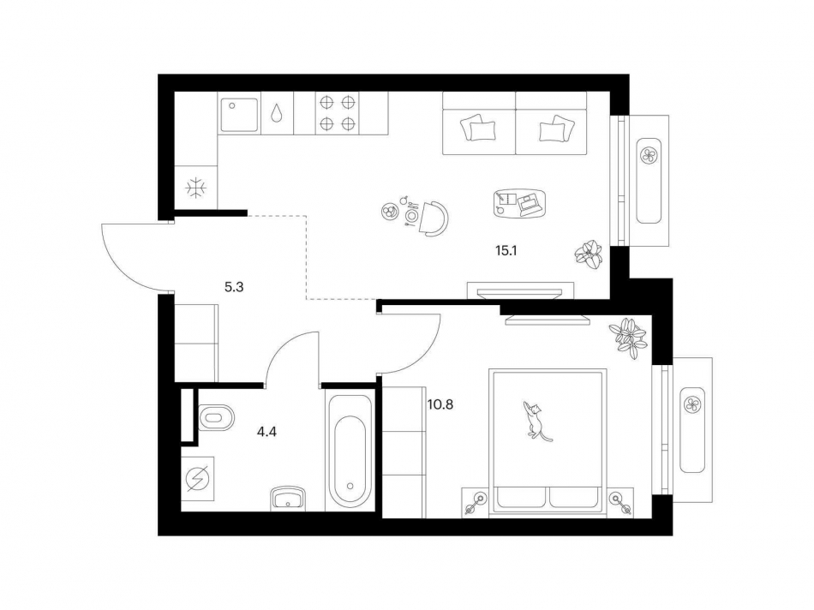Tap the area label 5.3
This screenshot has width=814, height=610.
coord(235,288)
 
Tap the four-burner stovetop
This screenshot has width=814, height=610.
coord(337,113)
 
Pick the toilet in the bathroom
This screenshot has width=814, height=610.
coord(217,419)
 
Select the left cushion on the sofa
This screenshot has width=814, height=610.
coord(479,129)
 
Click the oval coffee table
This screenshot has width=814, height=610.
coord(520,202)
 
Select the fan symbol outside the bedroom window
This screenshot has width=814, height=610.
coord(691,402)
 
